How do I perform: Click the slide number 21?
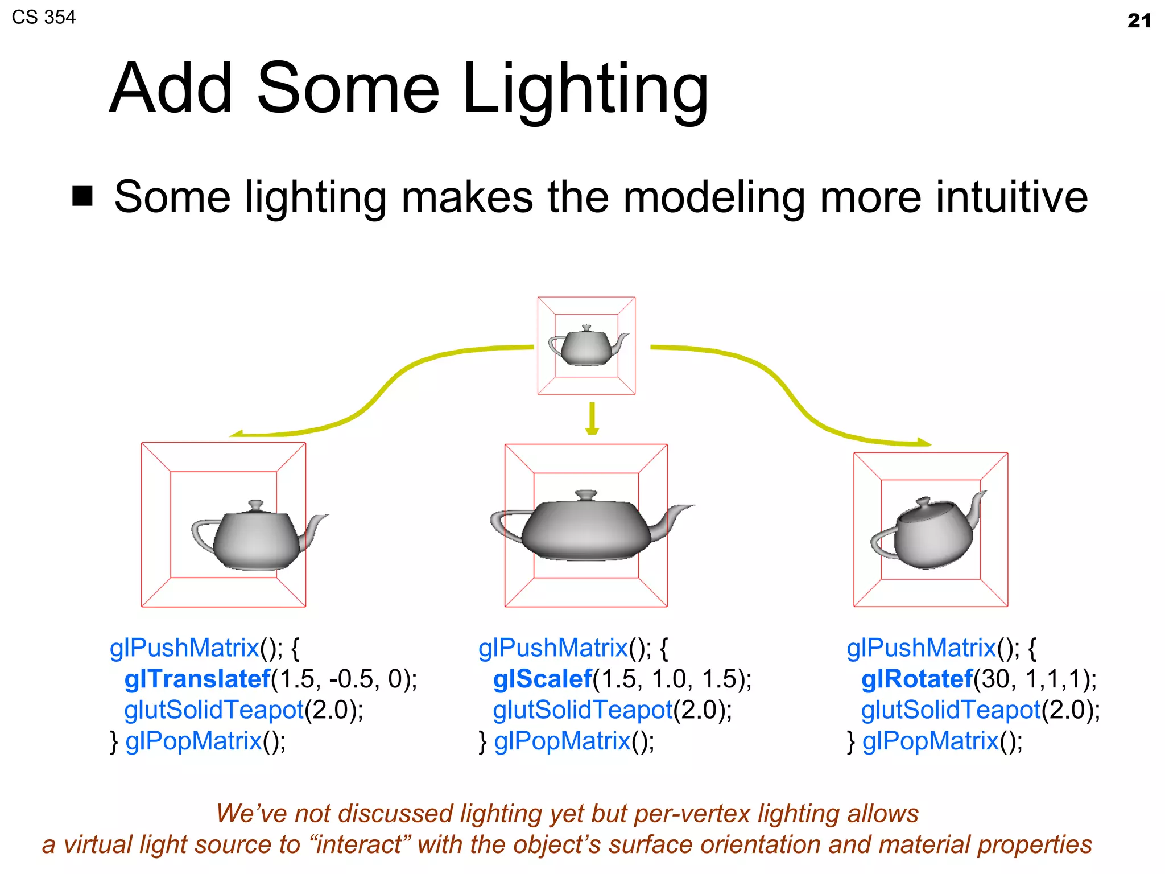(1139, 21)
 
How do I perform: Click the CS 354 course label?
(43, 17)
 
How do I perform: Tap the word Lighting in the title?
(585, 89)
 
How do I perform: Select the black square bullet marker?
(82, 196)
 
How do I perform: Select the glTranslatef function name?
(197, 679)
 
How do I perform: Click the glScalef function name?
(542, 679)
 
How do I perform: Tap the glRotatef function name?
(916, 679)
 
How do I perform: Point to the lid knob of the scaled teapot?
(586, 494)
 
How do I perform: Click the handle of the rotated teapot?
(882, 543)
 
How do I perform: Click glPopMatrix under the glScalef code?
(562, 741)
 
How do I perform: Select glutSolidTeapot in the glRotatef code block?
(951, 710)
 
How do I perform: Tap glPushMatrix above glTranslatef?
(184, 648)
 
